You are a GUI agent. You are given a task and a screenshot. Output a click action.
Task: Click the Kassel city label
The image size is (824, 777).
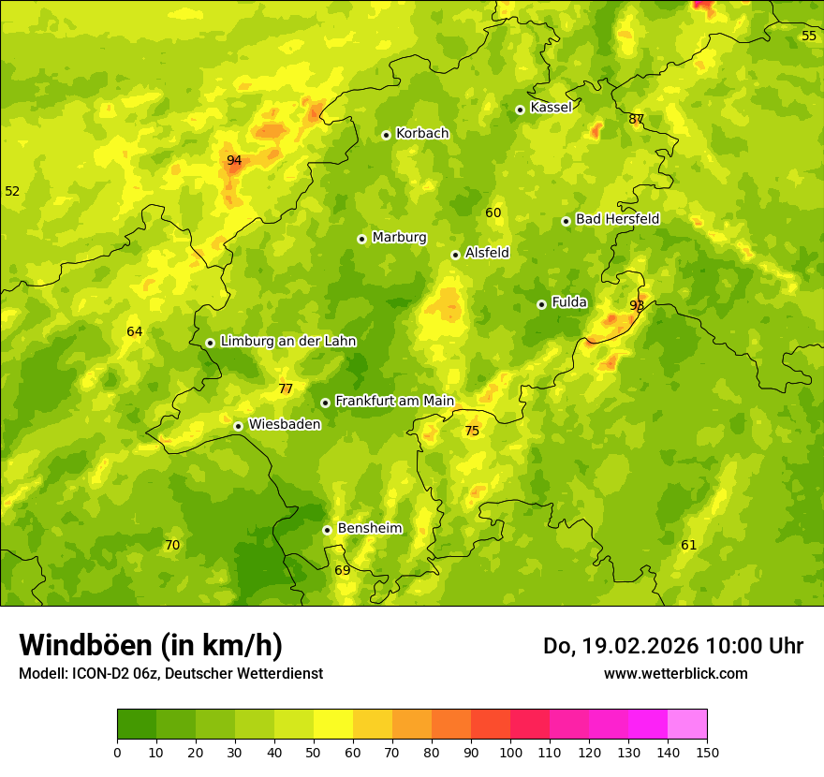551,108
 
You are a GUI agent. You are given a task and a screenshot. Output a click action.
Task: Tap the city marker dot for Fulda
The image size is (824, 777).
541,304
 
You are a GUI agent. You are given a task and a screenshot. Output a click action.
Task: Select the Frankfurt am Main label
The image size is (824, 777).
394,401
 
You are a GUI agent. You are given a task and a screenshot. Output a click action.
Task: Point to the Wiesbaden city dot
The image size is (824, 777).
239,426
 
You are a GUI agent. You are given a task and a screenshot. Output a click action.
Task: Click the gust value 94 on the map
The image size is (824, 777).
234,160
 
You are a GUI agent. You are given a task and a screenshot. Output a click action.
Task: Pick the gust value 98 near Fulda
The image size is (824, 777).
637,305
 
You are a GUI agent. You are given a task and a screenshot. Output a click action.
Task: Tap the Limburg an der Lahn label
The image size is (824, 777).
288,342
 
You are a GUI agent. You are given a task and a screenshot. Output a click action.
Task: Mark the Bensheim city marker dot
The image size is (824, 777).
328,530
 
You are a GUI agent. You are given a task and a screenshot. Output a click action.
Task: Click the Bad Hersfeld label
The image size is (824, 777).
617,219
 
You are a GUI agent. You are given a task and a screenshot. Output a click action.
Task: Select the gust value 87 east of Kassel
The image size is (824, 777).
637,119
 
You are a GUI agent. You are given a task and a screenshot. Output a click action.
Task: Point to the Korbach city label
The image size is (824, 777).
422,134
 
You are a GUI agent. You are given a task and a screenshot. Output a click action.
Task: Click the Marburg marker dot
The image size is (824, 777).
362,239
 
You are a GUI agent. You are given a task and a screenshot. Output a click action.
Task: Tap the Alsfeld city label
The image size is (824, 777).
487,253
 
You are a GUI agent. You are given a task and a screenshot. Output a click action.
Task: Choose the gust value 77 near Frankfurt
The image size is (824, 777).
286,388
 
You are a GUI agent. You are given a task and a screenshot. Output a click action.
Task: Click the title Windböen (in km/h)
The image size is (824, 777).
151,645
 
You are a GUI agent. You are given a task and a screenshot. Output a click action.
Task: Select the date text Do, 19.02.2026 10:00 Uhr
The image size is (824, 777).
672,646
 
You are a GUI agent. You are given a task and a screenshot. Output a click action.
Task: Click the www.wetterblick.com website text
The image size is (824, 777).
675,673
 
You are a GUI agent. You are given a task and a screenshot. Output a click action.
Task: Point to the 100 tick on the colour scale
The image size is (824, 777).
510,752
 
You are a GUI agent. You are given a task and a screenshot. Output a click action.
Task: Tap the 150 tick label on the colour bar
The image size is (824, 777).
707,752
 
